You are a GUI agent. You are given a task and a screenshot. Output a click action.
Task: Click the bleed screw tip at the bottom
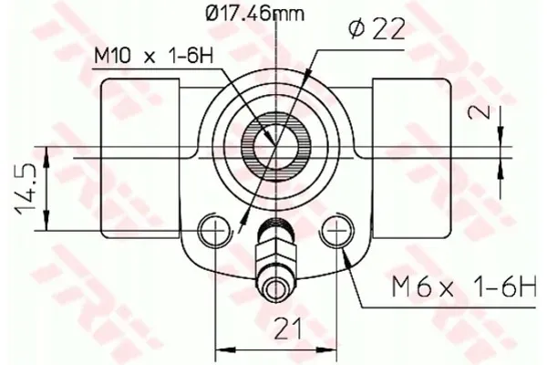tap(275, 289)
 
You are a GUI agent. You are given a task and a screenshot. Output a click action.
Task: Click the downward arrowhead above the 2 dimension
tap(501, 138)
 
